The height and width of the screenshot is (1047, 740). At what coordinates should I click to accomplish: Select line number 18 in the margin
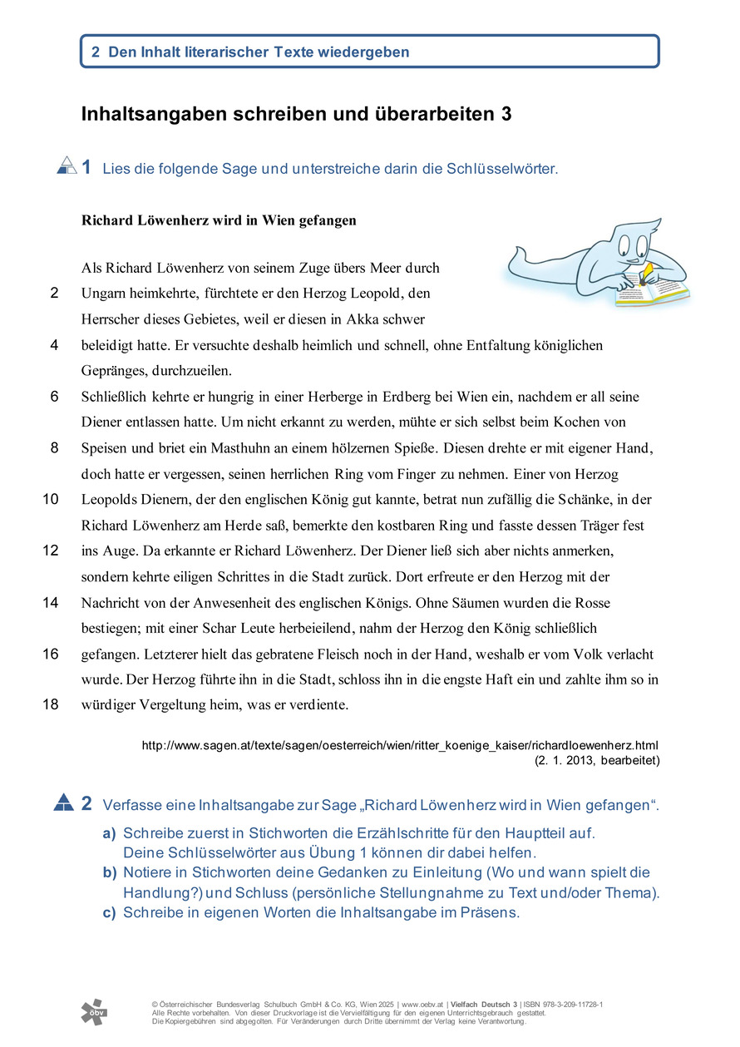(51, 704)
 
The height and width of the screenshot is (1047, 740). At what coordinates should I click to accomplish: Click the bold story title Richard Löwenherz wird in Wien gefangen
(219, 220)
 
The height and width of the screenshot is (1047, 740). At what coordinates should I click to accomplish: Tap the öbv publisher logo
(94, 1011)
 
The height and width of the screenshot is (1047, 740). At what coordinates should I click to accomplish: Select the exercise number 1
(86, 167)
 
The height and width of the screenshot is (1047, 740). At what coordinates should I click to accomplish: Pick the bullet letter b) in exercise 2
(110, 872)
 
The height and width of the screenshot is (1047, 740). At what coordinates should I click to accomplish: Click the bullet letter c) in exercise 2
(109, 912)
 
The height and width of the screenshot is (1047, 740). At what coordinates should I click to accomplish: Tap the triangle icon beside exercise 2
(64, 803)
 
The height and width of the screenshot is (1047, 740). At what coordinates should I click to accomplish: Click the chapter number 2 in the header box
(96, 52)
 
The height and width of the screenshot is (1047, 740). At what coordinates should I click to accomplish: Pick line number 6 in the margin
(54, 397)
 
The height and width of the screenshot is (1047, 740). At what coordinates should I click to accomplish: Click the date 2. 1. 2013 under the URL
(566, 759)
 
